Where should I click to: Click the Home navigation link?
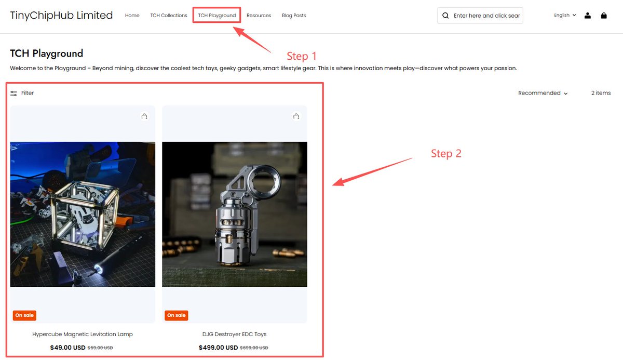(132, 15)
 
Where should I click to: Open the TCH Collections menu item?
(169, 15)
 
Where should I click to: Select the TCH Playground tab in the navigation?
(216, 15)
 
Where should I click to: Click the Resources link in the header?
(259, 15)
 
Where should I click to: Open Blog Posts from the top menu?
(294, 15)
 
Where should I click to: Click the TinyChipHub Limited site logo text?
(61, 15)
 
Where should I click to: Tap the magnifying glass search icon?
(445, 16)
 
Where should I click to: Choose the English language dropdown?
(565, 15)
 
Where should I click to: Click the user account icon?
(587, 15)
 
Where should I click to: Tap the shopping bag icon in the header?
(603, 15)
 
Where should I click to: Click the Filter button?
(22, 93)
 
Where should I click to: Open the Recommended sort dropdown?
(543, 93)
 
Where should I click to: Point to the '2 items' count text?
(601, 93)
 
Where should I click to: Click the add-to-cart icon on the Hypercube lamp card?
(144, 116)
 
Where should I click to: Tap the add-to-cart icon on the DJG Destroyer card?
(296, 116)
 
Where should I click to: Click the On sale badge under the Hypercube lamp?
(24, 315)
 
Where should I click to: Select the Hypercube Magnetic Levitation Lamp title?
(83, 334)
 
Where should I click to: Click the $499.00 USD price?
(219, 348)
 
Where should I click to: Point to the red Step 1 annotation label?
(302, 56)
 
